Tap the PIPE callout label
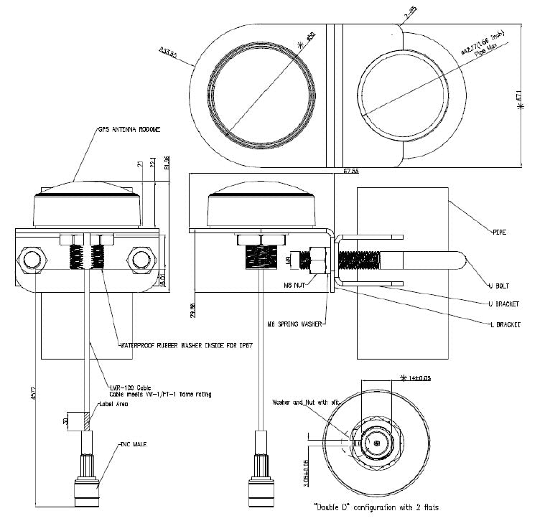click(x=501, y=233)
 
